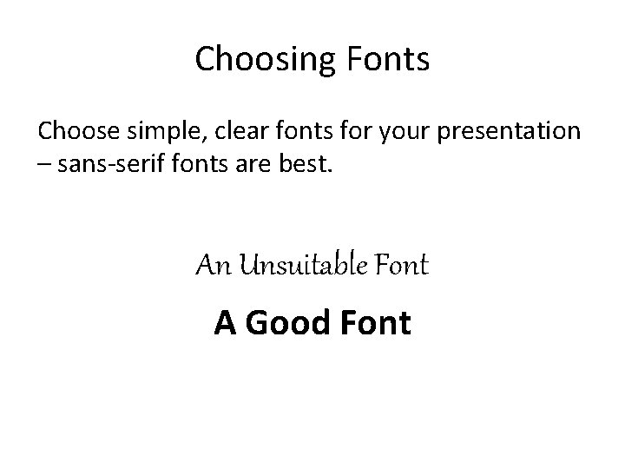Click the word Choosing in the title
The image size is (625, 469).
pos(252,60)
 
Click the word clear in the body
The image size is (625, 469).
pos(250,131)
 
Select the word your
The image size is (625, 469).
pos(404,133)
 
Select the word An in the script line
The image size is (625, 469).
pos(211,265)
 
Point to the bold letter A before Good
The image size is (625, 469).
pos(225,323)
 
